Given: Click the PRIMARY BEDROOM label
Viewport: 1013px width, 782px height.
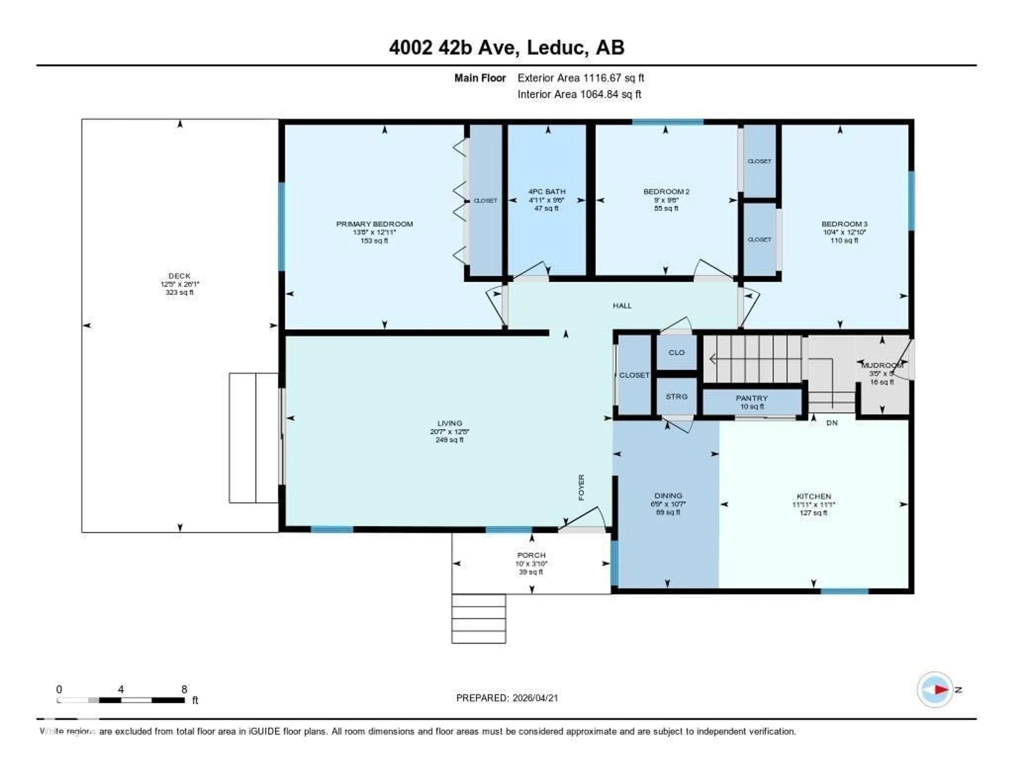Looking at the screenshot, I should point(374,224).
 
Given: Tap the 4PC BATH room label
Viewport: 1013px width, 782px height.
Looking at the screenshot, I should point(547,191).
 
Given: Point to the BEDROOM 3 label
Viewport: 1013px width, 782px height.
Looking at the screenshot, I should point(844,224).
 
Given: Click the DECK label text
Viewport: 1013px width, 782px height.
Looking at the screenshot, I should point(179,276).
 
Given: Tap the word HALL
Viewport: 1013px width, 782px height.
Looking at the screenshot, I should point(622,306).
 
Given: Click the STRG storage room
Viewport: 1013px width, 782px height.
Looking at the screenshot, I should point(676,396).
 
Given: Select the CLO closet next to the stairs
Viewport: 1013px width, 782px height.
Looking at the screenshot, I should point(676,352).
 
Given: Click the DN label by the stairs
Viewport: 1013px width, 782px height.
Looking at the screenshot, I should point(832,423).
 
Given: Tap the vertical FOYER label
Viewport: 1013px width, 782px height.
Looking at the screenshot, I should point(581,487).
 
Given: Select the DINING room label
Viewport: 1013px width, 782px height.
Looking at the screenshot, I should point(668,495).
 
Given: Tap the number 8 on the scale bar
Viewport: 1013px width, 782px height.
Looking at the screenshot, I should point(184,689).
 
